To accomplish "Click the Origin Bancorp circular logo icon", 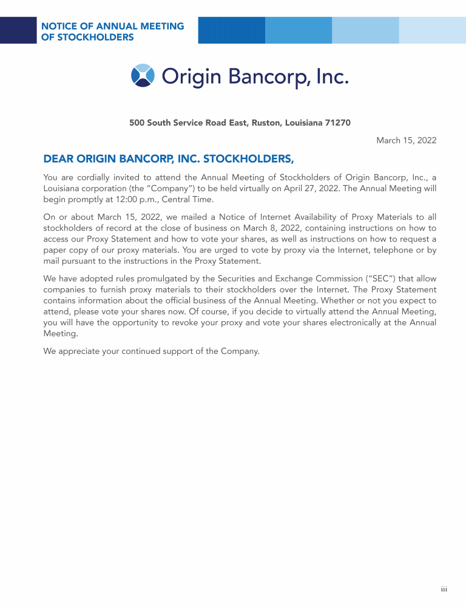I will (143, 75).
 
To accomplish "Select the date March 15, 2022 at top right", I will (406, 140).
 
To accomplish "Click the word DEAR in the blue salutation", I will (58, 160).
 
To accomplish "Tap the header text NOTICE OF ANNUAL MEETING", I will (112, 26).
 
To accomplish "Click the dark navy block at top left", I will (18, 30).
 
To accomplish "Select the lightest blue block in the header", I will (432, 30).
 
